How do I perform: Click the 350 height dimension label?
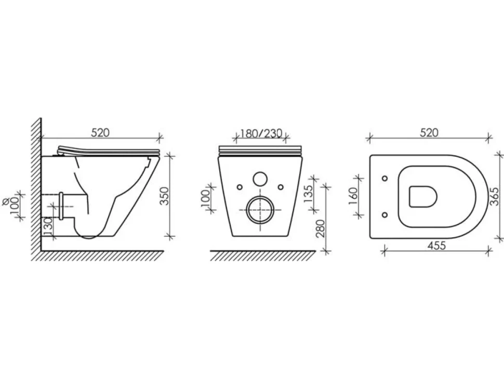164,196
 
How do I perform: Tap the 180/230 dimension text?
261,133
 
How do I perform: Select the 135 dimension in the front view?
308,193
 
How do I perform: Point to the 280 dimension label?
321,228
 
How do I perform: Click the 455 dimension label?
437,246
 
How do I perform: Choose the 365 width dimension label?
495,196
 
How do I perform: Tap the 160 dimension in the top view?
353,196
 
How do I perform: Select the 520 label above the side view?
100,132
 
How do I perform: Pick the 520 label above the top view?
429,132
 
